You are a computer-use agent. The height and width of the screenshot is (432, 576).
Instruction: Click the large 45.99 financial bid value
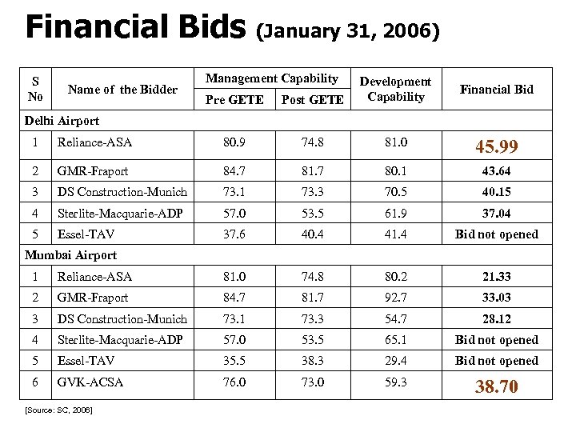(496, 147)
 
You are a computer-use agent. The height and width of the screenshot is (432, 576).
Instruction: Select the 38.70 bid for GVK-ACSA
(496, 387)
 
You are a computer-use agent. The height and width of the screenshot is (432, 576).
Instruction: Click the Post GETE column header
(311, 100)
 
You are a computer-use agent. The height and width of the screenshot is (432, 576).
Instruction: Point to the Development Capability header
(395, 89)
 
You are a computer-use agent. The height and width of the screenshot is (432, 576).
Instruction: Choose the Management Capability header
(272, 78)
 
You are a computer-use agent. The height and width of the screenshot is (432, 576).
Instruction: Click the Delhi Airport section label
(62, 121)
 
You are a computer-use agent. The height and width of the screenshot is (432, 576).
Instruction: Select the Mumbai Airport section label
(70, 255)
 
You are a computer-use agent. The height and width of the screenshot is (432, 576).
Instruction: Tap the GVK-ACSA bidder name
(90, 382)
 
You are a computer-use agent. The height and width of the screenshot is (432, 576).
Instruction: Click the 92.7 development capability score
(395, 298)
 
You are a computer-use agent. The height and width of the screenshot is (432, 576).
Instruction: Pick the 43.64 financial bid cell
(496, 171)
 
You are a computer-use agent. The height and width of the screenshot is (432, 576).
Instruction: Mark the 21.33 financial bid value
(496, 277)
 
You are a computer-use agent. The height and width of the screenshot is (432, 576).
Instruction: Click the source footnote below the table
(58, 410)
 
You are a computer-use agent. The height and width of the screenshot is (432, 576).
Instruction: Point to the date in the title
(347, 32)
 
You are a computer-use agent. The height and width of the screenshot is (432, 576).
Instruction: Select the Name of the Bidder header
(122, 90)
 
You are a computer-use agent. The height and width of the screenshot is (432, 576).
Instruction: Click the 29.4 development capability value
(395, 361)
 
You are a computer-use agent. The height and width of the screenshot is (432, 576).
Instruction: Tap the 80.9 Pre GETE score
(235, 143)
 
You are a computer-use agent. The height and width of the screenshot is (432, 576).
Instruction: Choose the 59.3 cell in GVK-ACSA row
(395, 382)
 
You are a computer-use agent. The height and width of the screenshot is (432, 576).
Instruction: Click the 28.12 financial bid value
(496, 319)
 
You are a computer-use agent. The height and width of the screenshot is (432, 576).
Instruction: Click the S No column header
(34, 89)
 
